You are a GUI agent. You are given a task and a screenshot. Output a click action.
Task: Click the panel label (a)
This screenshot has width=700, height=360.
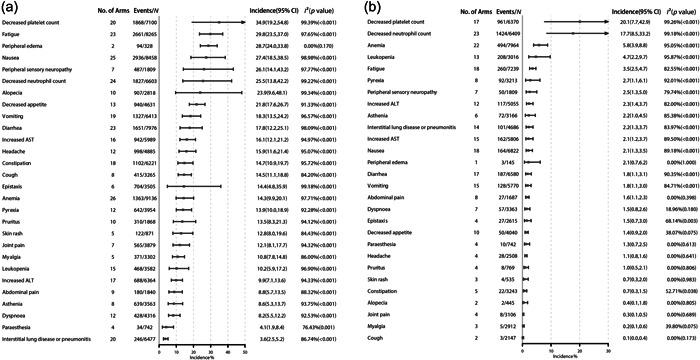point(8,7)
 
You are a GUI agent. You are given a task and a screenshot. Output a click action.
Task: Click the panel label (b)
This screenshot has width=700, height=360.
point(357,7)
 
